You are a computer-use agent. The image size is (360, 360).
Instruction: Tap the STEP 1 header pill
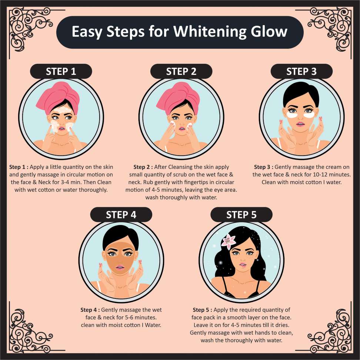point(61,71)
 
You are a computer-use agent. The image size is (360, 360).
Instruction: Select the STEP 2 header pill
point(181,71)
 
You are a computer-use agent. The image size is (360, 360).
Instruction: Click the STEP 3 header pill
point(301,71)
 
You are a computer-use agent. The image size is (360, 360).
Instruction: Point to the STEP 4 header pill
point(121,215)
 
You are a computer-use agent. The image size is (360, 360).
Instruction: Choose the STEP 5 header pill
point(241,215)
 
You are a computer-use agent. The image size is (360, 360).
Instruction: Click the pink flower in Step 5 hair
point(228,242)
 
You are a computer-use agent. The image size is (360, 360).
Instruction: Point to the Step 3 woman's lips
point(300,124)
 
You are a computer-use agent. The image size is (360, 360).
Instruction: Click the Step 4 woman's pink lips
point(120,267)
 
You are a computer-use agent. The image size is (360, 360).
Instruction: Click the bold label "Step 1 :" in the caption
point(19,167)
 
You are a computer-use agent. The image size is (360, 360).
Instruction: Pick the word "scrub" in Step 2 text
point(186,174)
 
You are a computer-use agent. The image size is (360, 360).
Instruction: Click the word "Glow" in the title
point(269,31)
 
